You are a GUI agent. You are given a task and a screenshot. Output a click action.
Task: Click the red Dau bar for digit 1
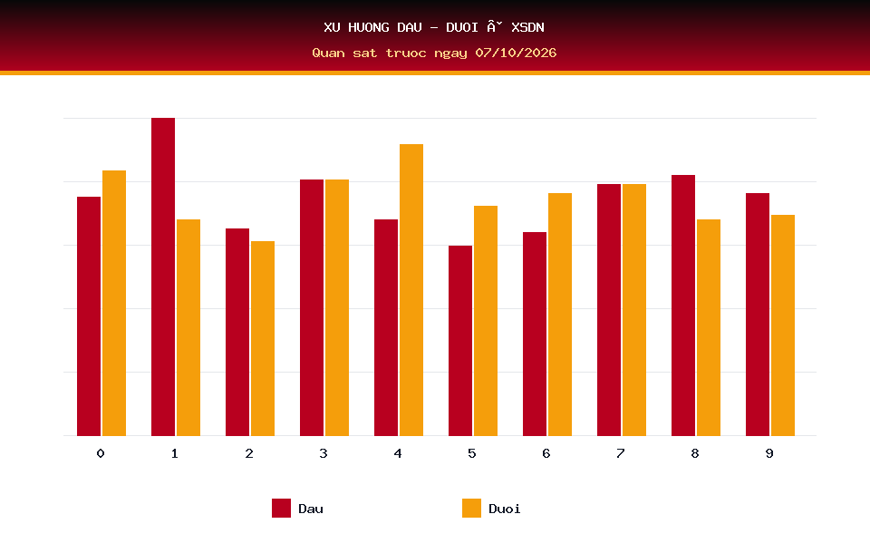point(163,276)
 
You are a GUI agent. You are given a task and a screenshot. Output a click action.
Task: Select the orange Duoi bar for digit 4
point(411,290)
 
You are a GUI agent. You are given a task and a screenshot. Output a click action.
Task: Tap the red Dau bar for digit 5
point(460,340)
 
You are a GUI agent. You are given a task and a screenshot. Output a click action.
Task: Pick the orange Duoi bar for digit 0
point(114,303)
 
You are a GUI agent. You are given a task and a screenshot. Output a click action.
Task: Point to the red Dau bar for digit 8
point(683,306)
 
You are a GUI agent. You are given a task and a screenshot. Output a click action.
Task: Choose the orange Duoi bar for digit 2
point(263,338)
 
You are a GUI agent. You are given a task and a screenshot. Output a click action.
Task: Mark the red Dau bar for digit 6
point(535,334)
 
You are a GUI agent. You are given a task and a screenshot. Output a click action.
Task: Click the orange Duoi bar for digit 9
point(783,325)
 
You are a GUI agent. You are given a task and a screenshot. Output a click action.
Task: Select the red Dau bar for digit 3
point(312,307)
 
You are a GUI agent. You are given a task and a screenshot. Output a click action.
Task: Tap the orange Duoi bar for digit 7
point(634,310)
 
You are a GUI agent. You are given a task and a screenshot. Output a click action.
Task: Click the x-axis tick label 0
point(101,453)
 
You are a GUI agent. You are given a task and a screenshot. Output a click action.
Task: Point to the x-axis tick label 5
point(472,453)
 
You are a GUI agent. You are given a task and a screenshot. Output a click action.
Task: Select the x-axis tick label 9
point(769,453)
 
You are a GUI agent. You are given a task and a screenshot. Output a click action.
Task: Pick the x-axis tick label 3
point(324,453)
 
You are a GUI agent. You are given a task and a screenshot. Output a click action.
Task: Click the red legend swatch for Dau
point(281,508)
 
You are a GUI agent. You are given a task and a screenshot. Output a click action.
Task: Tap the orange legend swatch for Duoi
point(471,508)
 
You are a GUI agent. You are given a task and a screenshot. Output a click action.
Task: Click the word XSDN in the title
point(527,27)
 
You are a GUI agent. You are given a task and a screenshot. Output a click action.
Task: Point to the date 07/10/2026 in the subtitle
point(516,53)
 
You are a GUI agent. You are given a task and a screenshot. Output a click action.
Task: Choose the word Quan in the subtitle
point(328,53)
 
